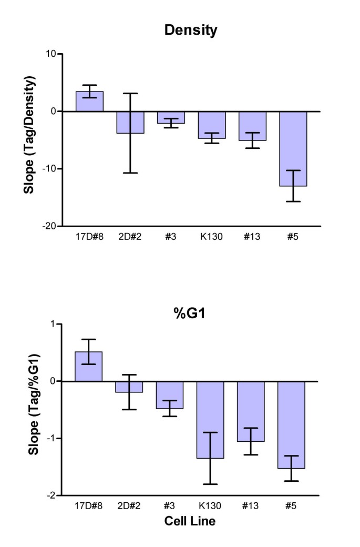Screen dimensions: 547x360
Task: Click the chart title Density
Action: [x=191, y=31]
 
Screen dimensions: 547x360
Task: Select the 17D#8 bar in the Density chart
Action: [x=89, y=102]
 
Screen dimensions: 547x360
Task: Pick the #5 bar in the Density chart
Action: [x=293, y=149]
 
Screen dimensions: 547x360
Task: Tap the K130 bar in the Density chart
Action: [x=212, y=125]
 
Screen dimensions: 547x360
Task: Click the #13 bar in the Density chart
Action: [x=252, y=126]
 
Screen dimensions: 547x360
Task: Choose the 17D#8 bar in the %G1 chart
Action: [x=88, y=367]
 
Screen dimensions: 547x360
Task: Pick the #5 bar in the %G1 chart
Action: [x=291, y=424]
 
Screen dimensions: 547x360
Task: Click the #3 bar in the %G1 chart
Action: [x=170, y=395]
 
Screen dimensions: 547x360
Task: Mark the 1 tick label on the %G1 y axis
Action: [x=54, y=324]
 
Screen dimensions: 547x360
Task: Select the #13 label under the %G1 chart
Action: [x=251, y=505]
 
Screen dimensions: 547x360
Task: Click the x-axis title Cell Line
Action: [x=190, y=521]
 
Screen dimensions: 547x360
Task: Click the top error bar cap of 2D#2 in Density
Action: [x=130, y=94]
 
